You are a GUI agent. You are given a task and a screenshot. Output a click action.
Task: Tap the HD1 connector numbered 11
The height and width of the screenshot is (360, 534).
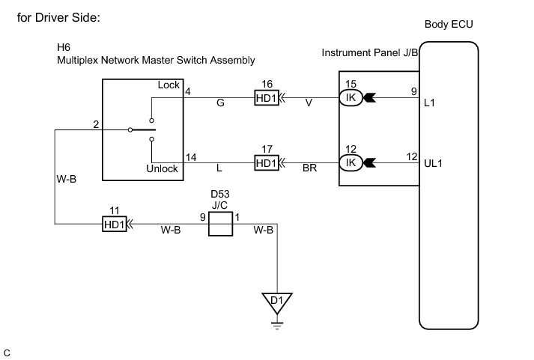tap(114, 223)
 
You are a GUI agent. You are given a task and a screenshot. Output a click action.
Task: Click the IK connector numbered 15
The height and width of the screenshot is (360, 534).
tap(350, 98)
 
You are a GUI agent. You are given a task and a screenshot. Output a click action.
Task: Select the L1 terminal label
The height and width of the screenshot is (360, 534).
tap(429, 103)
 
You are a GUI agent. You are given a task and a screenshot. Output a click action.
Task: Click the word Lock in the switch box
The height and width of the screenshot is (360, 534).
tap(169, 85)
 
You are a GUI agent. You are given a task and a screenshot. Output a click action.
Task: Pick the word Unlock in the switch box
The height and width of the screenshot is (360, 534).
tap(162, 168)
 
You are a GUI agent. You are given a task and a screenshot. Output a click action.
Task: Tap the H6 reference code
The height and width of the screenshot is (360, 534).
tap(64, 47)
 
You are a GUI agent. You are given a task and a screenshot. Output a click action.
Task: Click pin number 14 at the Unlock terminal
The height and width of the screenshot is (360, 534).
tap(191, 157)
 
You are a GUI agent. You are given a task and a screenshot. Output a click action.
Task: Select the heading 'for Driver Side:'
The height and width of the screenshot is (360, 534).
tap(57, 16)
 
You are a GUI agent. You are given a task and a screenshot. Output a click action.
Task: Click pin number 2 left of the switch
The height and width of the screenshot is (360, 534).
tap(96, 123)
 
